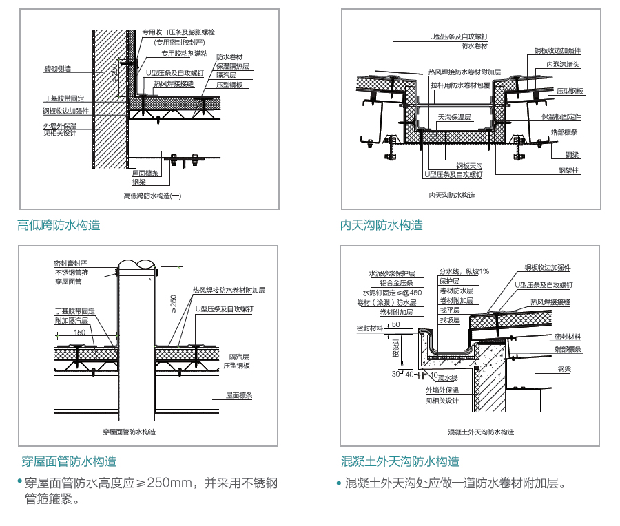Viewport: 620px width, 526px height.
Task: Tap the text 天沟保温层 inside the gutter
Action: point(455,118)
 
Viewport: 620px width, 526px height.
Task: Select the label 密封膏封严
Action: point(71,264)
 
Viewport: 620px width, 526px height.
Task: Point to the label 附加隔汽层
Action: point(72,320)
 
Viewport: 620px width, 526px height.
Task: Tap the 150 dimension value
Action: point(79,333)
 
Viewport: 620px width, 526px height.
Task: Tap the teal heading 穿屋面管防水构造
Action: point(68,461)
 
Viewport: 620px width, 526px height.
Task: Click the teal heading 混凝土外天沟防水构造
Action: point(400,461)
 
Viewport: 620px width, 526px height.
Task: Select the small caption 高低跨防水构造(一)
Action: point(152,196)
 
